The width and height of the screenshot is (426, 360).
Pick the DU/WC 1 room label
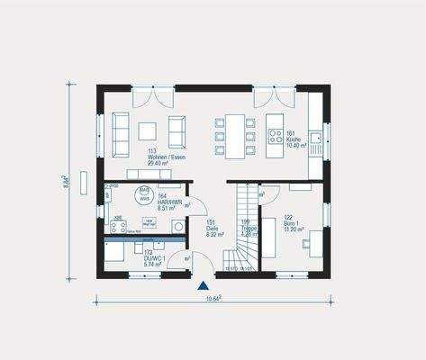(154, 257)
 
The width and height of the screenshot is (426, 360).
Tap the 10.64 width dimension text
(213, 300)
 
